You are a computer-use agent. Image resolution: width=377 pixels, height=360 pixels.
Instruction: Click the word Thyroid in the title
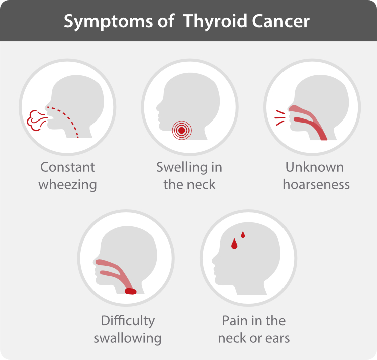[x=215, y=22]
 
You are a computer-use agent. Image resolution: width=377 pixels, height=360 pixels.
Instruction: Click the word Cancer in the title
[x=281, y=21]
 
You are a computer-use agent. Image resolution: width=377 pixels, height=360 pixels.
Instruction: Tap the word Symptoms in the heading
[x=108, y=22]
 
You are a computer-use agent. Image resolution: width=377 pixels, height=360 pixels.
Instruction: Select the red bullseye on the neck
[x=182, y=130]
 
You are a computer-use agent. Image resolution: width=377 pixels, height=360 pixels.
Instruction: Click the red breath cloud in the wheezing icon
[x=36, y=121]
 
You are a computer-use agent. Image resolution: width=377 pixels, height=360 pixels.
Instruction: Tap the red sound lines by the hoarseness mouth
[x=280, y=117]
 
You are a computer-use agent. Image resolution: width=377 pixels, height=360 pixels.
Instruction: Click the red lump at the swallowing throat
[x=131, y=291]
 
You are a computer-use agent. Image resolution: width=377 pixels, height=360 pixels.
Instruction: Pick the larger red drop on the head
[x=234, y=244]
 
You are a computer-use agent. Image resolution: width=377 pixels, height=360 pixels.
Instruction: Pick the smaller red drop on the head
[x=243, y=234]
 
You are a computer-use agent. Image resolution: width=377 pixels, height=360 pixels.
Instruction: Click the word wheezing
[x=67, y=184]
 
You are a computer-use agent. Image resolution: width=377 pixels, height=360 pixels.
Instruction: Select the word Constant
[x=67, y=167]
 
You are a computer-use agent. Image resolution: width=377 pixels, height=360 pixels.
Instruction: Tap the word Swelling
[x=182, y=167]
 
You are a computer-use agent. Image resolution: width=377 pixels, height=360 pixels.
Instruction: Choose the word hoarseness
[x=316, y=184]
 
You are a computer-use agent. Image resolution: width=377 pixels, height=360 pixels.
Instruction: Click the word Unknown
[x=315, y=167]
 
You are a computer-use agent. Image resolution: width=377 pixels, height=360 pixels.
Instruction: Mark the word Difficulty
[x=128, y=321]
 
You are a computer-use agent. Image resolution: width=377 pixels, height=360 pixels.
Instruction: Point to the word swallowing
[x=128, y=338]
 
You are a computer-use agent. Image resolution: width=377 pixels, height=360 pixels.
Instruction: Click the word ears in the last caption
[x=277, y=338]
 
